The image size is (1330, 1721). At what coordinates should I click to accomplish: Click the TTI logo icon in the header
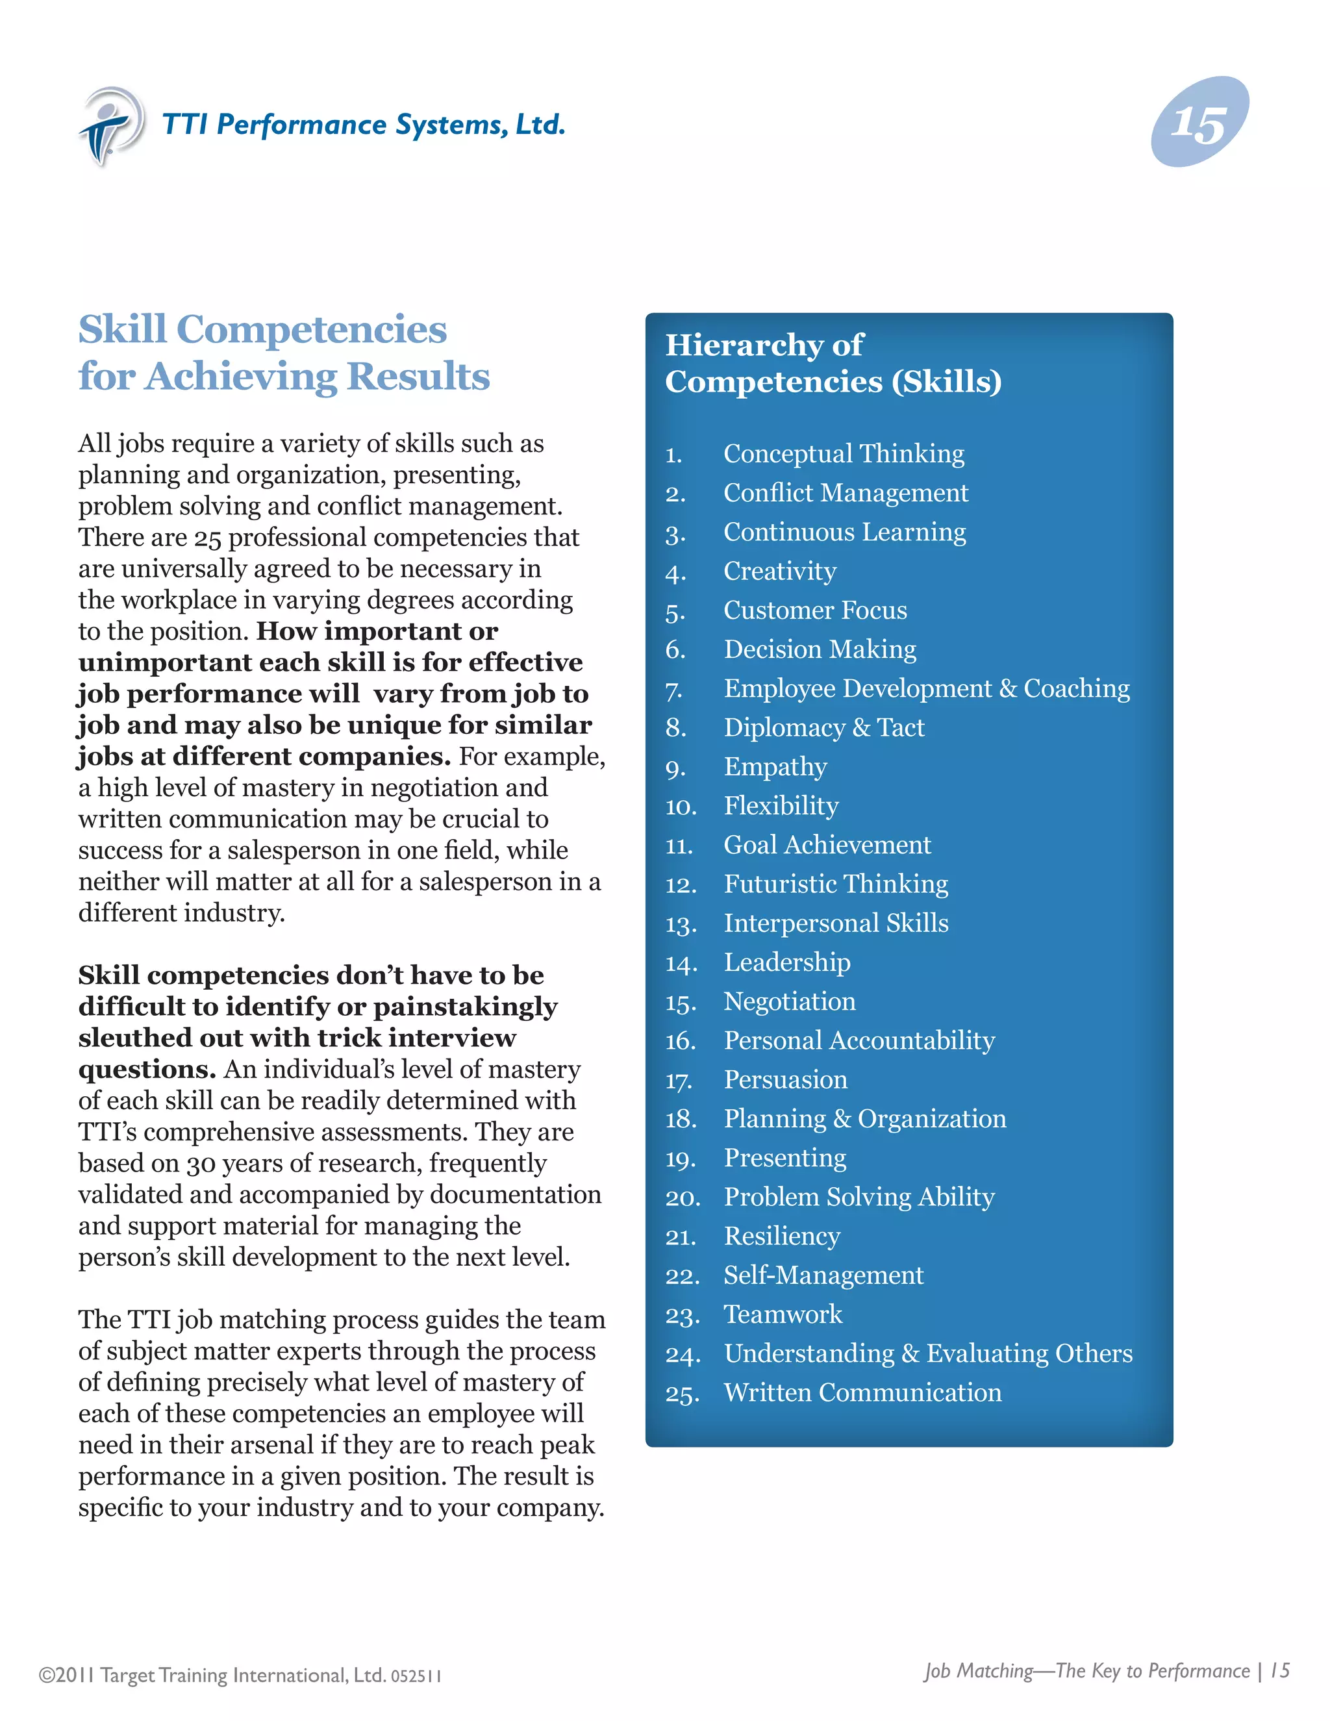[110, 126]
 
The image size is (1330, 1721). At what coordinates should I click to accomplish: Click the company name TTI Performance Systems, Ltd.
[363, 125]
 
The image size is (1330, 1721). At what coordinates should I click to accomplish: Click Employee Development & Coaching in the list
[926, 688]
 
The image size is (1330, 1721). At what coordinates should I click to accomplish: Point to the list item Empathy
[775, 767]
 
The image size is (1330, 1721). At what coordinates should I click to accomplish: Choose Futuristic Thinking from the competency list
[835, 883]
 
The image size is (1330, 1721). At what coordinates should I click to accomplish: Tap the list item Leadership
[786, 962]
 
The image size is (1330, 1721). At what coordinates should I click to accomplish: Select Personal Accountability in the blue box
[859, 1040]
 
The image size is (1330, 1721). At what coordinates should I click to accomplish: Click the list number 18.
[681, 1119]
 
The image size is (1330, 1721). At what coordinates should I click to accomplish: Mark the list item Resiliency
[782, 1236]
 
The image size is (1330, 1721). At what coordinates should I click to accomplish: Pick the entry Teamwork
[783, 1314]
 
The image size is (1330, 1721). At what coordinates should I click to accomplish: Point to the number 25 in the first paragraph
[207, 538]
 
